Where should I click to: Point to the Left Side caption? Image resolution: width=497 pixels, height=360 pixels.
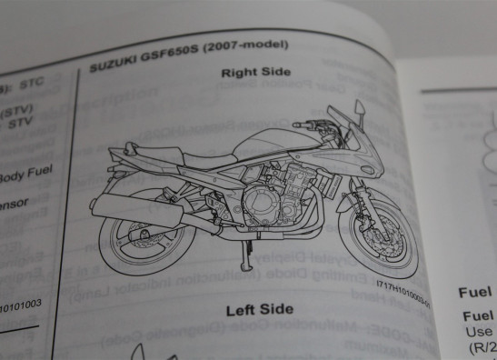pos(259,308)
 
